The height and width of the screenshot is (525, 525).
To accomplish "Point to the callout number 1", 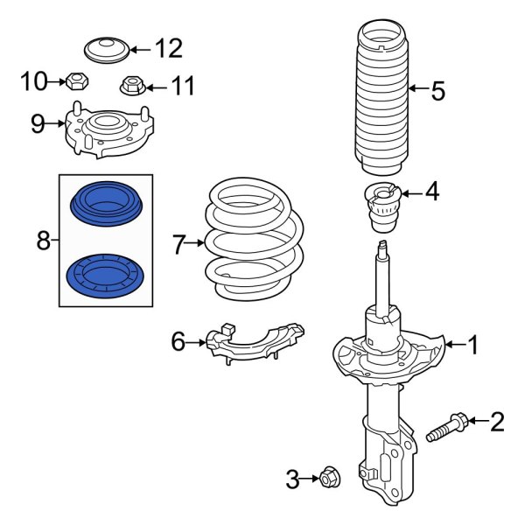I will coord(472,347).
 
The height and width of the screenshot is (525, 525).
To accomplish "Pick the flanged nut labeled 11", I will coord(131,87).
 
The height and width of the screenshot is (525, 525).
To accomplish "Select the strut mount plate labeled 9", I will coord(103,131).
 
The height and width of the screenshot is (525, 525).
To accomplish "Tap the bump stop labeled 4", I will coord(381,210).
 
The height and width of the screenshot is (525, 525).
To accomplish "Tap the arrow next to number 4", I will coord(411,191).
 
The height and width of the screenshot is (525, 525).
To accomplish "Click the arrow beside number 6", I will coord(199,343).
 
